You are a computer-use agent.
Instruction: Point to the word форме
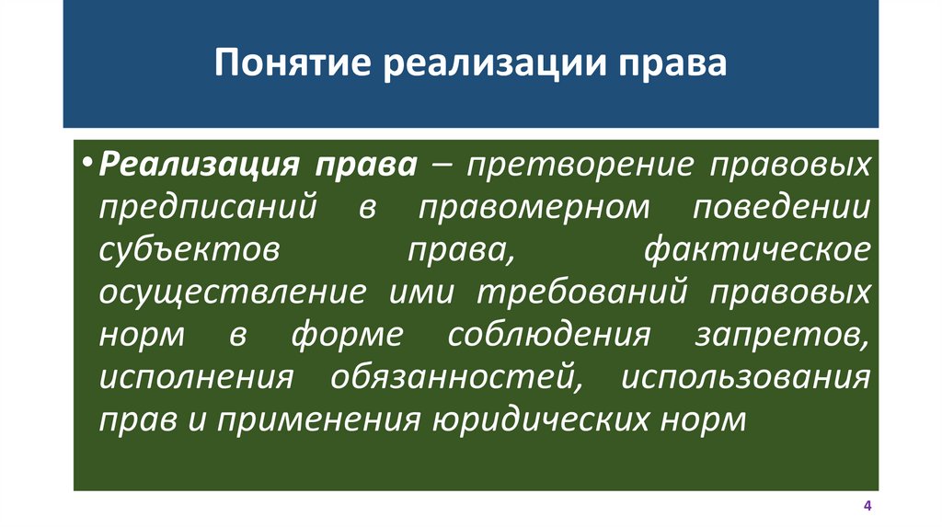tap(347, 336)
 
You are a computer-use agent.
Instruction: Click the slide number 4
tap(867, 507)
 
